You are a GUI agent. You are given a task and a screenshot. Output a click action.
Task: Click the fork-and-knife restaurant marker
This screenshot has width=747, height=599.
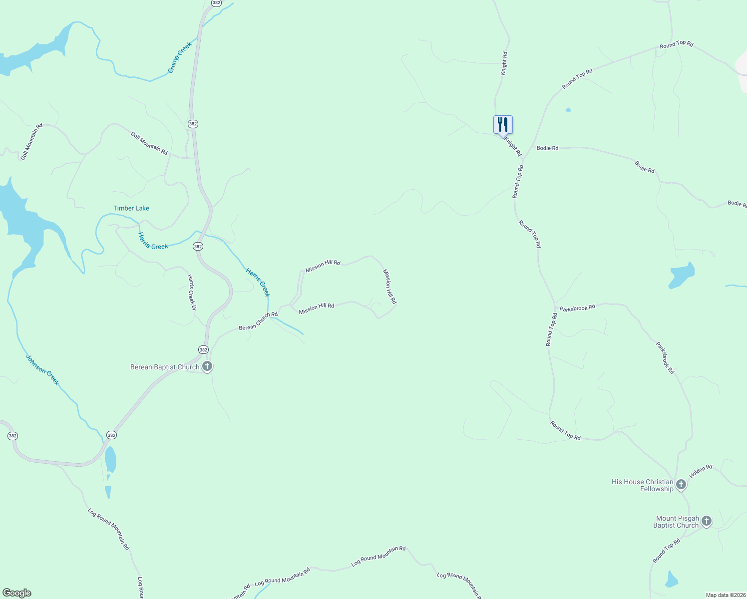tap(503, 125)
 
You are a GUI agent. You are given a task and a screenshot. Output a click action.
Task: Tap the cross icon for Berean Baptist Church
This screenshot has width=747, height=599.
tap(207, 366)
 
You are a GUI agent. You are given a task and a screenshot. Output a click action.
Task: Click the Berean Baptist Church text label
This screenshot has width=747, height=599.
tap(165, 367)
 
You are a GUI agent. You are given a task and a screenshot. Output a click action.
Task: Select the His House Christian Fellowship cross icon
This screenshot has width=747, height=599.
tap(681, 484)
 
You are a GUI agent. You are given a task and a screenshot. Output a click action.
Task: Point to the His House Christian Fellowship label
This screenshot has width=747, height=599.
tap(643, 485)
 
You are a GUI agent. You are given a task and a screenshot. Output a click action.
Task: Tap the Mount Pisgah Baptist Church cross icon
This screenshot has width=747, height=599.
tap(706, 521)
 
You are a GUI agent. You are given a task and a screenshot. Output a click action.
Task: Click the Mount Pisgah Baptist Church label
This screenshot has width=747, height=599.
tap(676, 522)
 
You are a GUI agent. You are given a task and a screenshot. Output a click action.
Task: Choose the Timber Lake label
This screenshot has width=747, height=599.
tap(131, 208)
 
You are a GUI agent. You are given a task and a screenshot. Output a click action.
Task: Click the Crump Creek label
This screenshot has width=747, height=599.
tap(180, 58)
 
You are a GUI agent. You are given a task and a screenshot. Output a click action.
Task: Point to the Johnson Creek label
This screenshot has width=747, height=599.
tap(42, 370)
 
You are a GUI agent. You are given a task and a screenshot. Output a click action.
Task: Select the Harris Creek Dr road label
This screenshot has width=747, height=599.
tap(192, 292)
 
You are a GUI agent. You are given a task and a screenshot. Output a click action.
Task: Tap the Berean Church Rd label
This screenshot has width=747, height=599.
tap(258, 321)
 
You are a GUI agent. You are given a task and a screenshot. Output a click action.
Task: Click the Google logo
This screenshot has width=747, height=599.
tap(17, 593)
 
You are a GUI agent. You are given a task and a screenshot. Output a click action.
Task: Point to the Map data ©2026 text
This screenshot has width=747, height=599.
tap(725, 595)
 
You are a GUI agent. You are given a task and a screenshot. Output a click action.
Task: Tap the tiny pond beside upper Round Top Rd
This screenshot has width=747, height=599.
tap(568, 110)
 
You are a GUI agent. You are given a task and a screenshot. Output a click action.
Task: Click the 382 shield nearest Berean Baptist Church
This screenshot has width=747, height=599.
tap(203, 350)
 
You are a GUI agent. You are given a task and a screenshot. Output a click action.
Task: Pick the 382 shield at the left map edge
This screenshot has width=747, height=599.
tap(12, 436)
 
